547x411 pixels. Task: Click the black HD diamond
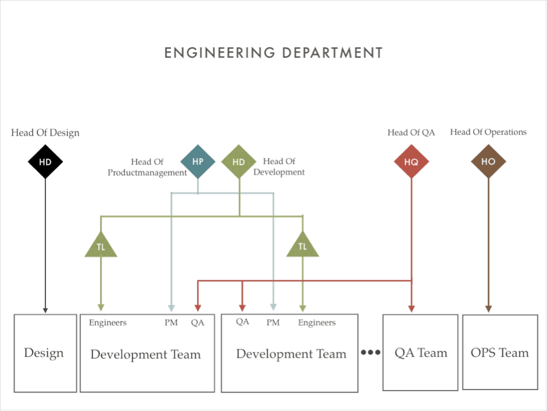pyautogui.click(x=45, y=162)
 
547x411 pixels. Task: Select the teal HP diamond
pyautogui.click(x=198, y=161)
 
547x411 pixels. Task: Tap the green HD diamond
pyautogui.click(x=239, y=162)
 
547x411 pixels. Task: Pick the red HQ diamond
pyautogui.click(x=412, y=162)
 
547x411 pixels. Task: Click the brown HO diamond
pyautogui.click(x=488, y=161)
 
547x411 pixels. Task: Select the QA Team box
pyautogui.click(x=420, y=352)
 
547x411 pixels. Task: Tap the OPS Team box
pyautogui.click(x=500, y=352)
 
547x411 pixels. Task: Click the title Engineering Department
pyautogui.click(x=273, y=53)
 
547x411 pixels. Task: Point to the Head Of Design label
pyautogui.click(x=45, y=133)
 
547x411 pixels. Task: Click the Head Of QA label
pyautogui.click(x=412, y=133)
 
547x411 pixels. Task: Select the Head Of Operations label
pyautogui.click(x=488, y=132)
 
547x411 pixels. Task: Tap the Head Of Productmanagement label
pyautogui.click(x=147, y=167)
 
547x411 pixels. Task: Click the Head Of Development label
pyautogui.click(x=279, y=166)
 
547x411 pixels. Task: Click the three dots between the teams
pyautogui.click(x=370, y=352)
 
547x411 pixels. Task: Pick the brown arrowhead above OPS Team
pyautogui.click(x=488, y=309)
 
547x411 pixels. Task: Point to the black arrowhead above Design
pyautogui.click(x=45, y=310)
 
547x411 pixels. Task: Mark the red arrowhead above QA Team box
pyautogui.click(x=412, y=309)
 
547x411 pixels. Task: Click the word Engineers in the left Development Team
pyautogui.click(x=108, y=323)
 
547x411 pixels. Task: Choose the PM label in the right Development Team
pyautogui.click(x=273, y=323)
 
